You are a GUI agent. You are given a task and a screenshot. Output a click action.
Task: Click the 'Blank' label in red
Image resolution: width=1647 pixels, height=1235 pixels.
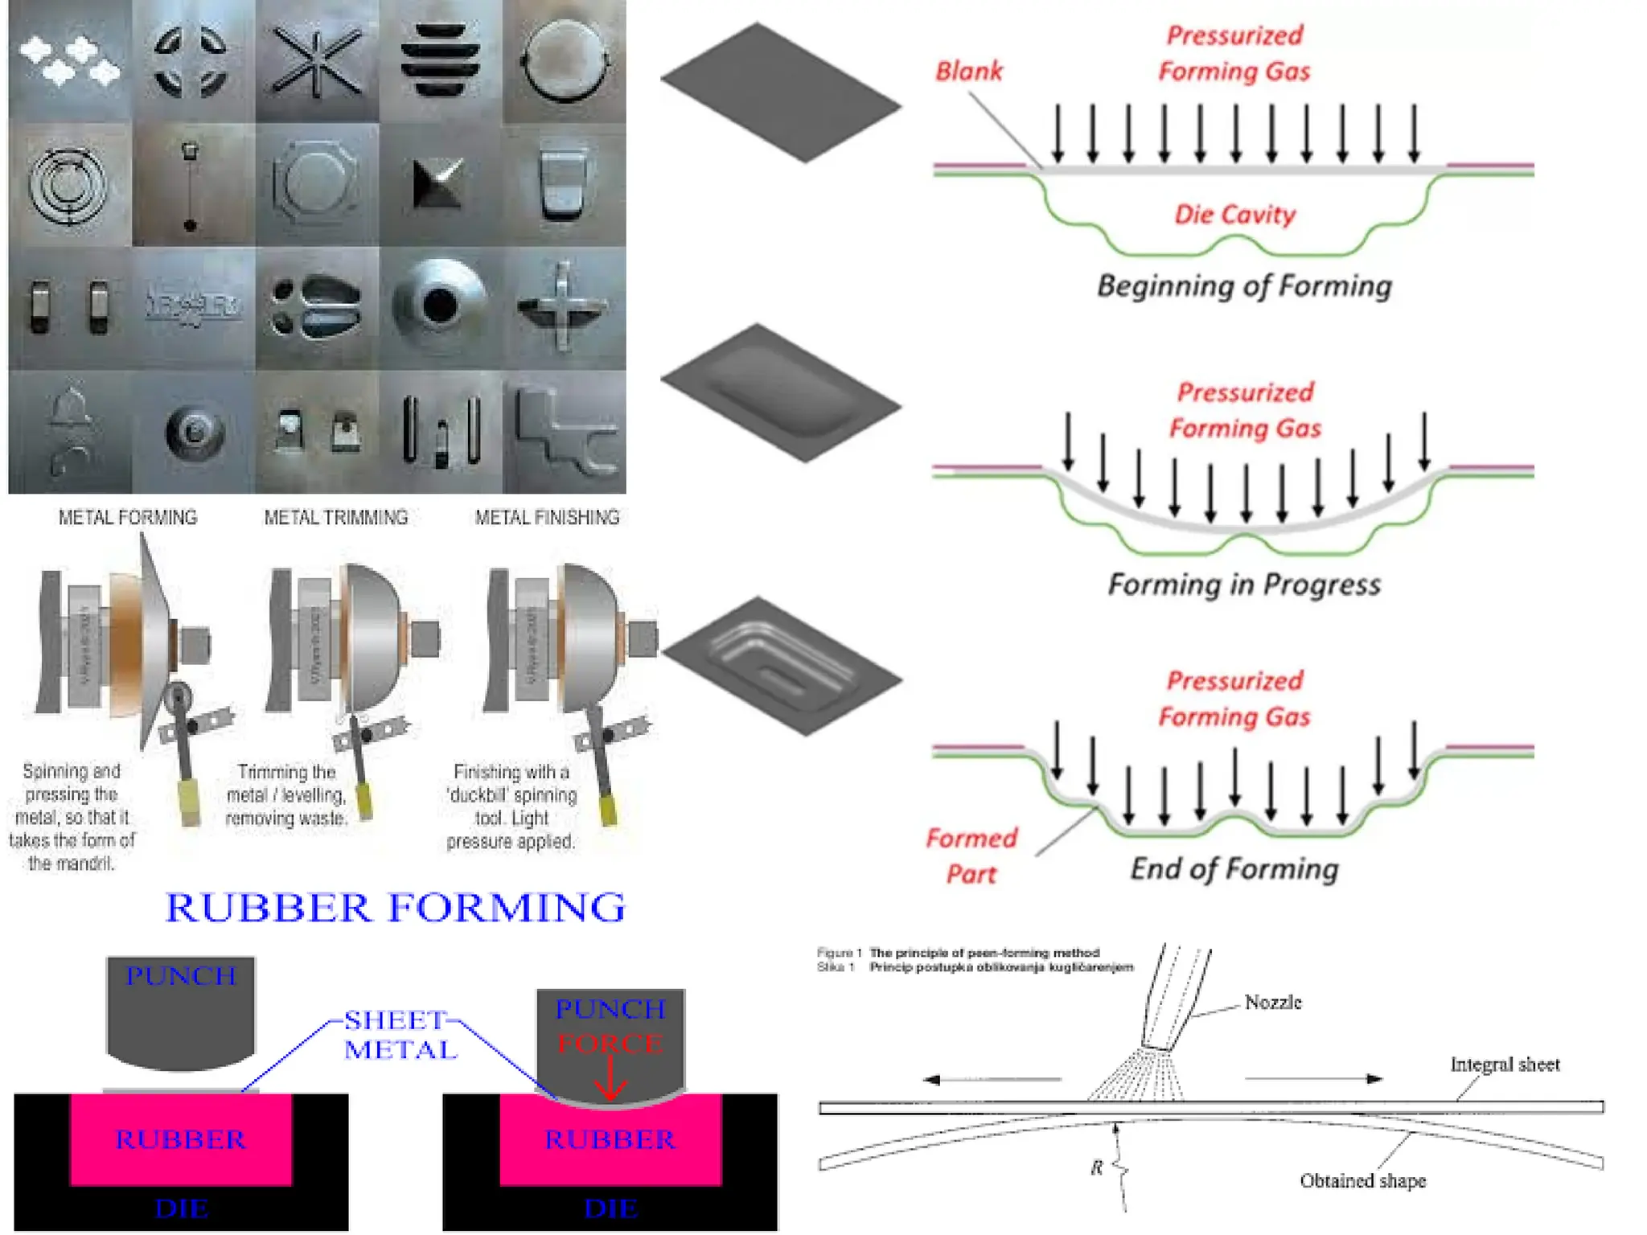coord(968,72)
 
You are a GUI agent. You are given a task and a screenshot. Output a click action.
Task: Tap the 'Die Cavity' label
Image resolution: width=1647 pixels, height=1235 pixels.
coord(1234,215)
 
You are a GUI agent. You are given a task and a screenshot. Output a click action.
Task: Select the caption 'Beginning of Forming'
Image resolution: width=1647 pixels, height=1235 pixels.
coord(1244,286)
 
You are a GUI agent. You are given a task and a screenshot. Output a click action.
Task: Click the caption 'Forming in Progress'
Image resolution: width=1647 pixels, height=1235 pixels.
coord(1244,585)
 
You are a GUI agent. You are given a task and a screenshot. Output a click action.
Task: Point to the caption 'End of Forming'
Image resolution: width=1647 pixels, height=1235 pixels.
coord(1234,869)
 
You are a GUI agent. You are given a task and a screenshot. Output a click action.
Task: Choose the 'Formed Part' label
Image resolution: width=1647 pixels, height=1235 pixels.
coord(971,855)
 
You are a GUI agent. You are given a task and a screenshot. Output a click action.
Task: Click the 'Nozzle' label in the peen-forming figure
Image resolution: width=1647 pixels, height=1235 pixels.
coord(1272,1003)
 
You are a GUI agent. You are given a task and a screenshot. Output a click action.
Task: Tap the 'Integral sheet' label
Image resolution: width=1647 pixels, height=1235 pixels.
coord(1505,1065)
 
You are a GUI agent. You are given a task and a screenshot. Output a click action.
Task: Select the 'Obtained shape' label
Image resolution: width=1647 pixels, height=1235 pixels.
coord(1362,1181)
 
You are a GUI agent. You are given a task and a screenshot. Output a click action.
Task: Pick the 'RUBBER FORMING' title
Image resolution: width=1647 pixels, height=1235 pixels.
coord(395,908)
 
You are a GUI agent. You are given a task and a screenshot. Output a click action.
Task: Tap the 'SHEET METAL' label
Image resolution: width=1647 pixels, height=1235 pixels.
coord(400,1035)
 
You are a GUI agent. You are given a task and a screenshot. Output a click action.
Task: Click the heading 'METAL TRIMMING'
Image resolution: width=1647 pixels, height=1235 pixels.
coord(336,518)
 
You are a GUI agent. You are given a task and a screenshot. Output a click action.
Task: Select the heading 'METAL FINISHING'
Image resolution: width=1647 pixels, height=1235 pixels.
coord(547,518)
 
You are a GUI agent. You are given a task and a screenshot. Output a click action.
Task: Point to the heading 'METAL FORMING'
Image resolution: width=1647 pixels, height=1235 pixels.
coord(128,518)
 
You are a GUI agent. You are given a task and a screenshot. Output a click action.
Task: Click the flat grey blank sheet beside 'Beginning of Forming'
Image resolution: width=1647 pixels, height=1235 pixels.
coord(780,92)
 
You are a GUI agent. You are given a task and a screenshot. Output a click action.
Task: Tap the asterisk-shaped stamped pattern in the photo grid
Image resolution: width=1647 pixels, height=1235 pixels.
coord(316,62)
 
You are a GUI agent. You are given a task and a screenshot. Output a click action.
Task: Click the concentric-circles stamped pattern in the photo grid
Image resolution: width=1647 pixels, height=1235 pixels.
coord(68,183)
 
